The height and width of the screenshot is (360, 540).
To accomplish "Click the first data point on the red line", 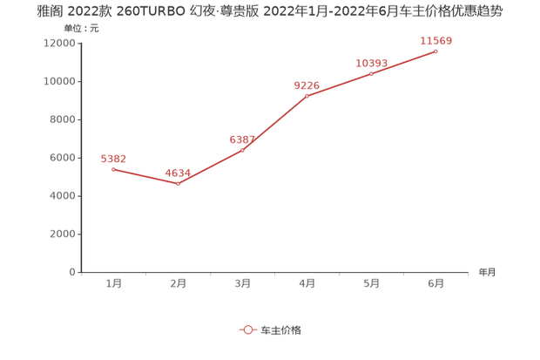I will pyautogui.click(x=113, y=168).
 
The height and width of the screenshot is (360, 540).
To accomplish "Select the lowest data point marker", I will pyautogui.click(x=178, y=184).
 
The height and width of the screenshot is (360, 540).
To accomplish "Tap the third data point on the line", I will pyautogui.click(x=242, y=150).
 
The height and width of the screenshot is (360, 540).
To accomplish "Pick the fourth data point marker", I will pyautogui.click(x=307, y=95).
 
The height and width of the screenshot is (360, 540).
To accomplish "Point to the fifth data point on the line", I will pyautogui.click(x=372, y=73).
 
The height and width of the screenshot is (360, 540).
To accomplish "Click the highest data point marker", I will pyautogui.click(x=435, y=51).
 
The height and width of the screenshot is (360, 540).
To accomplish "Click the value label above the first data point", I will pyautogui.click(x=114, y=159).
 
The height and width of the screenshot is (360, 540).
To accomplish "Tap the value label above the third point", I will pyautogui.click(x=242, y=139).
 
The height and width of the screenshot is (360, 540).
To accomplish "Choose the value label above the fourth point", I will pyautogui.click(x=307, y=85).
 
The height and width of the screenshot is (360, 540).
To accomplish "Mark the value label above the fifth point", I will pyautogui.click(x=372, y=63).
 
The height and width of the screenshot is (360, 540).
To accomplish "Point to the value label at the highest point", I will pyautogui.click(x=436, y=40).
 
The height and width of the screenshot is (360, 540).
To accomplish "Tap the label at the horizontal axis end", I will pyautogui.click(x=485, y=272).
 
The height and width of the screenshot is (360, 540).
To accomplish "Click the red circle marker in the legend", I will pyautogui.click(x=247, y=329).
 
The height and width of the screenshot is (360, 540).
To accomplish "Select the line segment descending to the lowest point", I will pyautogui.click(x=145, y=176).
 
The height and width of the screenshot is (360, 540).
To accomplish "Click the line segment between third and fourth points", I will pyautogui.click(x=274, y=123).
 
